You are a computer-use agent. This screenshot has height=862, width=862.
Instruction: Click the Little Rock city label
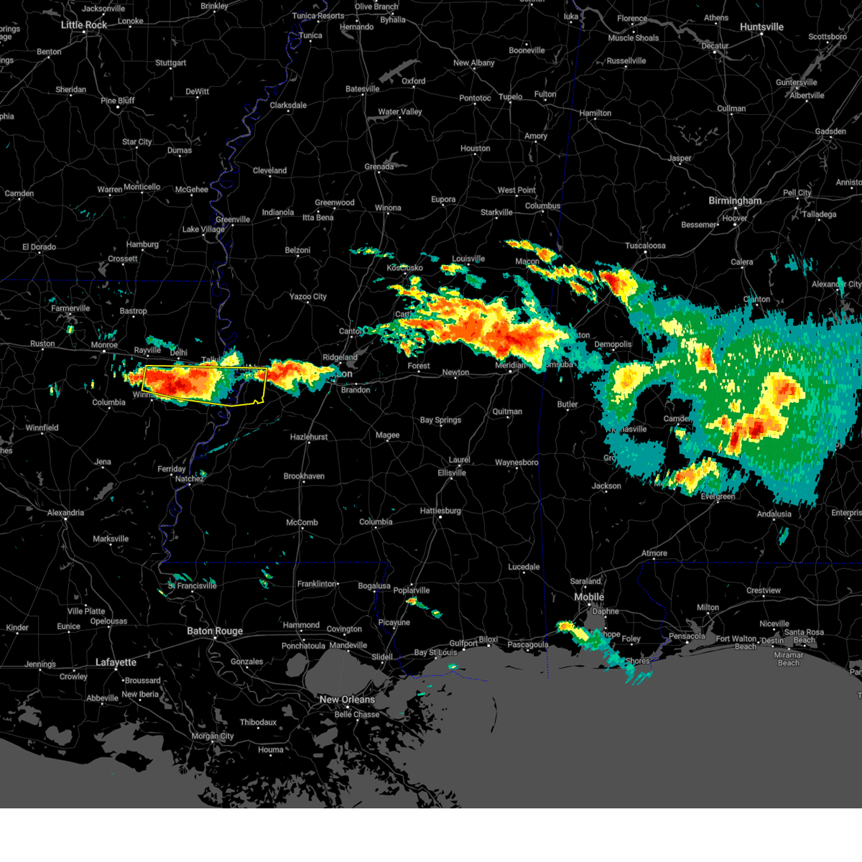pyautogui.click(x=84, y=25)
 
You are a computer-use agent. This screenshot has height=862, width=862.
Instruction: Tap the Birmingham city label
pyautogui.click(x=735, y=200)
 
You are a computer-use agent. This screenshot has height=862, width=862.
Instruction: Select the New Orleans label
pyautogui.click(x=347, y=700)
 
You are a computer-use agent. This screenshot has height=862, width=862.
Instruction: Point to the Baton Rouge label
pyautogui.click(x=215, y=631)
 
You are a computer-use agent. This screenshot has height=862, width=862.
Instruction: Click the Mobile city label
pyautogui.click(x=589, y=597)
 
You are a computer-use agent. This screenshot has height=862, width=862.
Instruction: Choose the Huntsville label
pyautogui.click(x=761, y=27)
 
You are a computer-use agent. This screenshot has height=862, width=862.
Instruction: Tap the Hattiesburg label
pyautogui.click(x=440, y=511)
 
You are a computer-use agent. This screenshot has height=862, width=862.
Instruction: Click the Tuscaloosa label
pyautogui.click(x=645, y=246)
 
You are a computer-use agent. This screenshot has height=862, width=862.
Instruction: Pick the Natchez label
pyautogui.click(x=190, y=479)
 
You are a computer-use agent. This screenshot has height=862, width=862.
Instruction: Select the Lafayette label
pyautogui.click(x=116, y=662)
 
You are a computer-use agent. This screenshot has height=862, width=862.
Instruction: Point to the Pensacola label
pyautogui.click(x=687, y=636)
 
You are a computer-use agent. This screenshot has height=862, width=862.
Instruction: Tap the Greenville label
pyautogui.click(x=233, y=220)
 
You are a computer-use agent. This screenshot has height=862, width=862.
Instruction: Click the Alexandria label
pyautogui.click(x=65, y=513)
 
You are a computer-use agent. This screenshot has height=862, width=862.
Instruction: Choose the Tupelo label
pyautogui.click(x=511, y=97)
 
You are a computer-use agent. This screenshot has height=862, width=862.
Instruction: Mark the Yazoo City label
pyautogui.click(x=308, y=297)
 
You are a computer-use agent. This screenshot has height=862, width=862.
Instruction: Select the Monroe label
pyautogui.click(x=104, y=346)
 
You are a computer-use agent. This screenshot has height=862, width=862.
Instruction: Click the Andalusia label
pyautogui.click(x=774, y=514)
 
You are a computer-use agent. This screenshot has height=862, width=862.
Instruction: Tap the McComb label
pyautogui.click(x=302, y=523)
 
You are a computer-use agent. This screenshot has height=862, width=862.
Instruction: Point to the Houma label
pyautogui.click(x=271, y=750)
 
